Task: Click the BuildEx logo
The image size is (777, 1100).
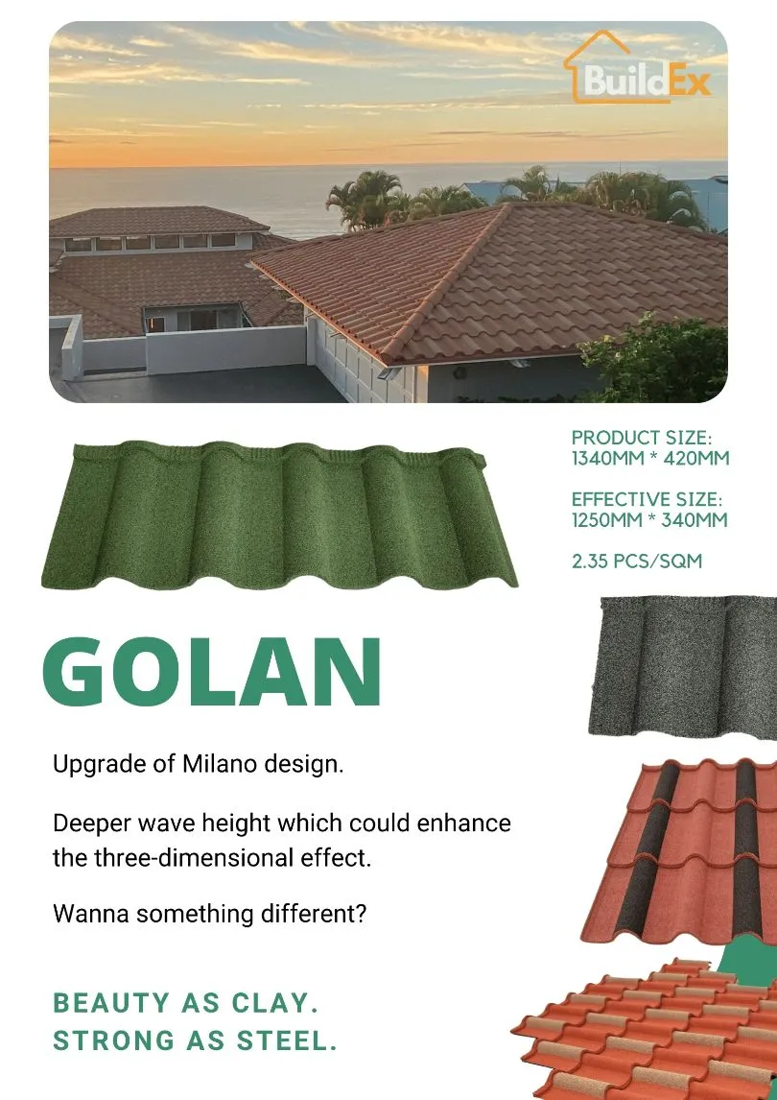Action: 637,71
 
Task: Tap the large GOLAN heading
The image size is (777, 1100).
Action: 213,671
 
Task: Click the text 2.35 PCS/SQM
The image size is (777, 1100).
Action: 637,561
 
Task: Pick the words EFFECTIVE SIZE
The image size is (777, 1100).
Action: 647,500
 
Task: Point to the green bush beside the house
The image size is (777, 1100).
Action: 662,360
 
